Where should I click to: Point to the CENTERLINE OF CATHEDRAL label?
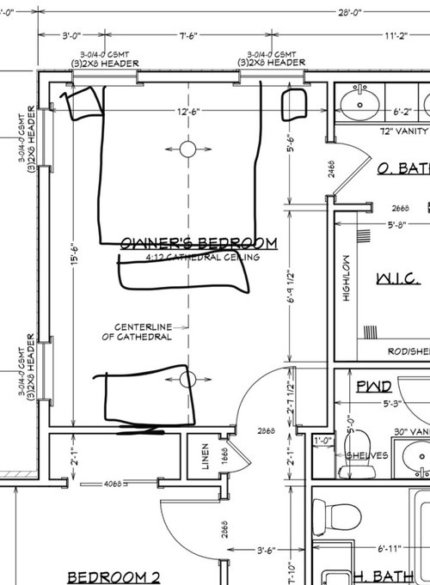142,332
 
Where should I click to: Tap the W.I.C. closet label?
397,279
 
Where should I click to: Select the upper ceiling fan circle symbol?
188,149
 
